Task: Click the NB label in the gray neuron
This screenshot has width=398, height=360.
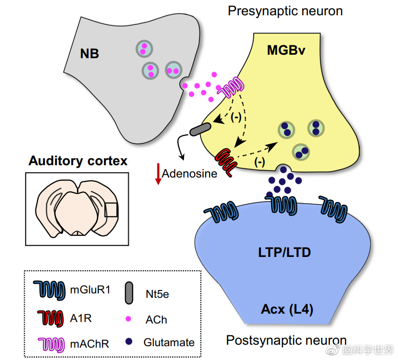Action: (89, 53)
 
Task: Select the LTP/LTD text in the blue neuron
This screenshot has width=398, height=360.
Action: (285, 252)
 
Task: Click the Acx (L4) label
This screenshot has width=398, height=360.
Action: (287, 310)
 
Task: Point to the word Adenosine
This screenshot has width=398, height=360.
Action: (189, 174)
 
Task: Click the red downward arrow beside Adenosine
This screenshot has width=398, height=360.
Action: (158, 174)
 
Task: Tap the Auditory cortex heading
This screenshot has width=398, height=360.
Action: (77, 161)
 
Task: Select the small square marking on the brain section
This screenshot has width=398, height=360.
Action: (111, 210)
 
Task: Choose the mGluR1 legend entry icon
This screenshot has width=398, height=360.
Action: (49, 290)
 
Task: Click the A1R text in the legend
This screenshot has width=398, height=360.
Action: (81, 318)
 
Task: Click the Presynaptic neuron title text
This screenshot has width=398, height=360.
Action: (285, 11)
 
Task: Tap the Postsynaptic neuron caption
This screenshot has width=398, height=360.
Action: (286, 340)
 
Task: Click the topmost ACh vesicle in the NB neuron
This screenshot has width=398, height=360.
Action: (144, 48)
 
